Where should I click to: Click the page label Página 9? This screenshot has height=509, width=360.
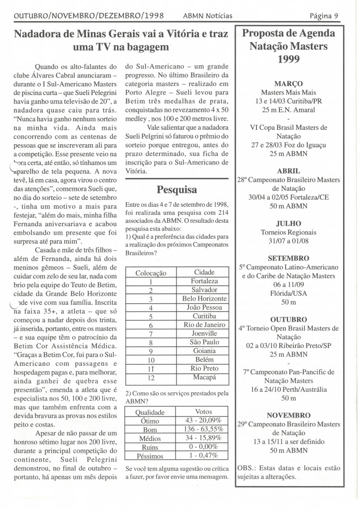pyautogui.click(x=324, y=15)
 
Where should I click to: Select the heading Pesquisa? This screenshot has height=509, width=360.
pyautogui.click(x=177, y=189)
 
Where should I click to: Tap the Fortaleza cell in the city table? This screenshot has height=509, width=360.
pyautogui.click(x=204, y=281)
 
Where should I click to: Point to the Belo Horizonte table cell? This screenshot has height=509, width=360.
pyautogui.click(x=204, y=299)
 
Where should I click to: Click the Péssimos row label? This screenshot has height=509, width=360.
pyautogui.click(x=150, y=455)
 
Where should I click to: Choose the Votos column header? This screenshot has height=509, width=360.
pyautogui.click(x=204, y=411)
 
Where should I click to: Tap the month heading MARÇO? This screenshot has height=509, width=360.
pyautogui.click(x=288, y=84)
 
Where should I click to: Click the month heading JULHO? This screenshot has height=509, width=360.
pyautogui.click(x=288, y=223)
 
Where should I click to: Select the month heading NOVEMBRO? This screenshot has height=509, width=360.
pyautogui.click(x=288, y=415)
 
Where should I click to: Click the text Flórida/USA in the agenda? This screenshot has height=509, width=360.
pyautogui.click(x=288, y=293)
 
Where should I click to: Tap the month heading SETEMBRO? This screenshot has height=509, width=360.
pyautogui.click(x=288, y=258)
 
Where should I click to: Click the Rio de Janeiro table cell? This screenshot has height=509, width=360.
pyautogui.click(x=204, y=325)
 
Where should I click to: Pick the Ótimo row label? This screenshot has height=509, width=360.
pyautogui.click(x=150, y=420)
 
